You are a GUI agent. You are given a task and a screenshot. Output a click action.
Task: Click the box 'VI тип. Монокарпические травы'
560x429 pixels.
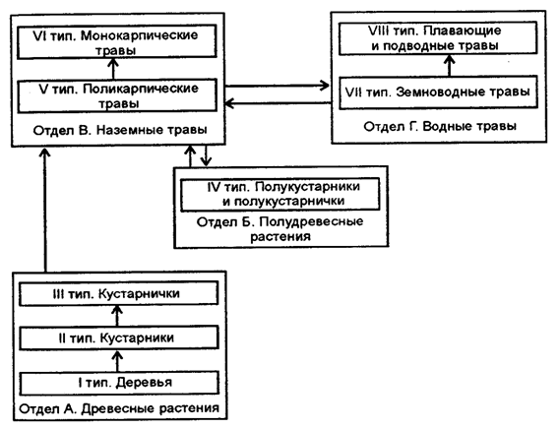click(117, 41)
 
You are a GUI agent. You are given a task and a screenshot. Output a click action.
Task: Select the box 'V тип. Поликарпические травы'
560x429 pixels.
click(117, 95)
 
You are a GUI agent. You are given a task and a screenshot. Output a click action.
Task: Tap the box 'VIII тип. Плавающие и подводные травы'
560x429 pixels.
click(438, 38)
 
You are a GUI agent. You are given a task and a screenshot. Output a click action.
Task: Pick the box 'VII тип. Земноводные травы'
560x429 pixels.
click(438, 92)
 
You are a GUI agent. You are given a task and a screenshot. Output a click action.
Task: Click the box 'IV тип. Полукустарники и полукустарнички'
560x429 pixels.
click(280, 194)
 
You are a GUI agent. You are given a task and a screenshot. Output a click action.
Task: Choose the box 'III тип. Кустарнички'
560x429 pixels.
click(118, 293)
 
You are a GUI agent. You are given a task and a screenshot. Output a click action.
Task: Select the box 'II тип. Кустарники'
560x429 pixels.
click(119, 337)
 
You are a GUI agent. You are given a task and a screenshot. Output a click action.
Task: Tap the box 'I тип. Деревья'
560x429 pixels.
click(119, 383)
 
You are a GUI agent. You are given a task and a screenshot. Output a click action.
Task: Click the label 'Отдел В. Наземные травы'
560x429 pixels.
click(120, 130)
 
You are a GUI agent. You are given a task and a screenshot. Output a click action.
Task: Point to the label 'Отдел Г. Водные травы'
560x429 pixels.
click(440, 126)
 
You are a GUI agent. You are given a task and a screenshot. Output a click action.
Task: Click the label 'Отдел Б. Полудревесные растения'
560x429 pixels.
click(280, 229)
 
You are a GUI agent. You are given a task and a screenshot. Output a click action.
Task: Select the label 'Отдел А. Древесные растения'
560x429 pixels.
click(119, 408)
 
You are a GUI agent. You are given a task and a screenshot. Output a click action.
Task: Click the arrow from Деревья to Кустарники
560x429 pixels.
click(117, 361)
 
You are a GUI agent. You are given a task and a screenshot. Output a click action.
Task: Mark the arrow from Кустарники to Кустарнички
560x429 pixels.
click(117, 316)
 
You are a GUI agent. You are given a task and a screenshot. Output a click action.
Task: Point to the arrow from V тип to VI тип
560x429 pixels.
click(113, 69)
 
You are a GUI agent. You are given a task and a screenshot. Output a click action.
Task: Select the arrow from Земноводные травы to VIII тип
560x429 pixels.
click(450, 65)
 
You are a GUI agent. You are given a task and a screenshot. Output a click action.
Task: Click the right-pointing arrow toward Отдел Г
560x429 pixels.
click(278, 86)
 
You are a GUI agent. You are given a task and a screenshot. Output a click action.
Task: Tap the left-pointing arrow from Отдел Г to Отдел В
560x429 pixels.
click(278, 103)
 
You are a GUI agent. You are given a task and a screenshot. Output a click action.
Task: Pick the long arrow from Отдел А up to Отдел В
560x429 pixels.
click(45, 210)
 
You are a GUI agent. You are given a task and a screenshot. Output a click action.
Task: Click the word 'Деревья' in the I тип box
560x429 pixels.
click(145, 383)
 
